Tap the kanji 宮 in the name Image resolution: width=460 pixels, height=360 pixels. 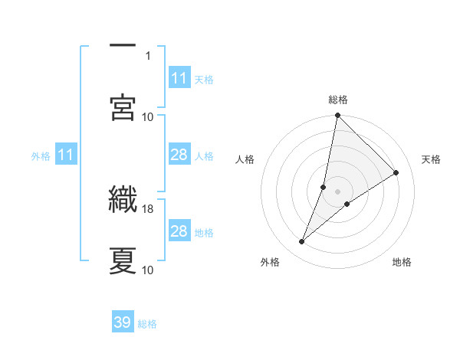123,106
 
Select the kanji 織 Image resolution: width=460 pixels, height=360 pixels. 123,199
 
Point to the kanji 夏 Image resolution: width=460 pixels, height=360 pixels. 123,260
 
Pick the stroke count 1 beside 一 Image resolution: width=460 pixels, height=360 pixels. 148,56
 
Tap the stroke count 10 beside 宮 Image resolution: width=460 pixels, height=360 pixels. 148,116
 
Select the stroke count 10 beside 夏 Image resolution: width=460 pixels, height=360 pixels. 148,270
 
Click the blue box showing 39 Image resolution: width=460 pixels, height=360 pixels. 123,322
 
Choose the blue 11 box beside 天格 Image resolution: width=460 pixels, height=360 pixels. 179,78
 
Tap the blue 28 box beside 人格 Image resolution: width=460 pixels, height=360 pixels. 179,155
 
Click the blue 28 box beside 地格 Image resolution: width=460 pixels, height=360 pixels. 179,231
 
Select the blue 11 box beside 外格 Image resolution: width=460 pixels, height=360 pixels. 66,155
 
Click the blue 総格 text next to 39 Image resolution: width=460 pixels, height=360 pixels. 148,324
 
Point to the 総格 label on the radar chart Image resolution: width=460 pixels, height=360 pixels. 338,100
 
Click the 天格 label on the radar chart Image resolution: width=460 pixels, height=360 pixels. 432,159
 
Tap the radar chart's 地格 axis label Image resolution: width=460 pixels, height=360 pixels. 402,263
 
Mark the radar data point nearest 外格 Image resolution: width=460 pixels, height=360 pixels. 302,242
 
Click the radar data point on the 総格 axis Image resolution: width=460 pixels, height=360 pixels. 337,116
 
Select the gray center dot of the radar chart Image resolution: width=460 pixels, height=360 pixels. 337,191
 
